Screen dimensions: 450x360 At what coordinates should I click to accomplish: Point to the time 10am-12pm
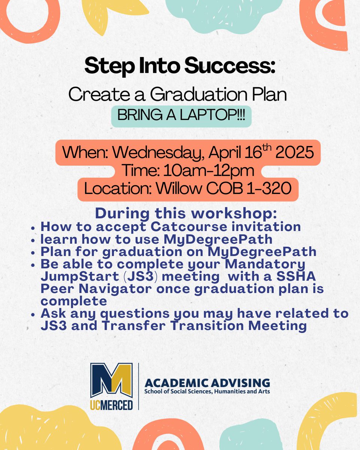(x=204, y=171)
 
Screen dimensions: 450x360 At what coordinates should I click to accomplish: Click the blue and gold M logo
(x=111, y=380)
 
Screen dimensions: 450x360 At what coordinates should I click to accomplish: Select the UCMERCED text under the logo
(x=111, y=405)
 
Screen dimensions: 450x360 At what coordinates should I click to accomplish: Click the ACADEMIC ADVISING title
(x=207, y=383)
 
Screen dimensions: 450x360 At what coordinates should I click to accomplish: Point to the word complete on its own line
(x=73, y=301)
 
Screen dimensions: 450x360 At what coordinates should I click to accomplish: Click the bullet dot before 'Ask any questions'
(x=34, y=314)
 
